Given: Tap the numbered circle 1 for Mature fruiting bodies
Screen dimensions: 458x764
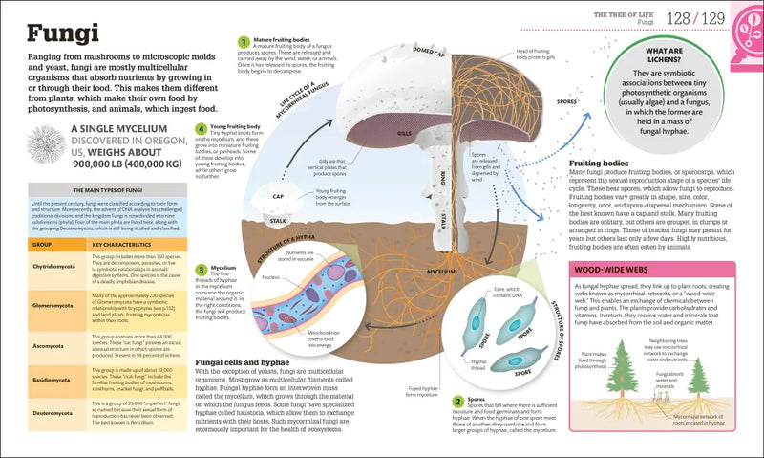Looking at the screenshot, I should pos(243,40).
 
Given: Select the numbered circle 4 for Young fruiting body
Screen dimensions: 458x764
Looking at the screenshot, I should pos(201,128).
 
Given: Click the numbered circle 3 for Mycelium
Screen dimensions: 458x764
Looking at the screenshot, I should pos(201,270).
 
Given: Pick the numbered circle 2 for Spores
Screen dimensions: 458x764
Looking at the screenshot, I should pos(457,402).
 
